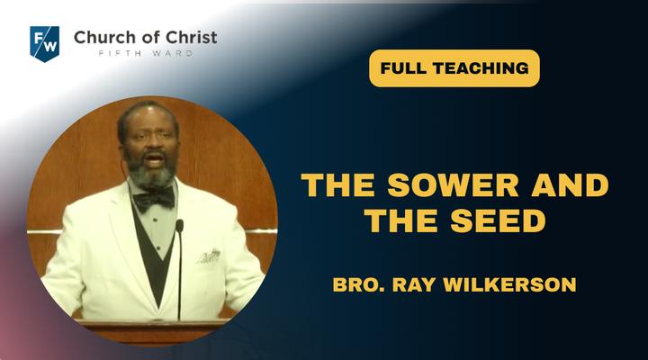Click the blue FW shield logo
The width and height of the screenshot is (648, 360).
45,43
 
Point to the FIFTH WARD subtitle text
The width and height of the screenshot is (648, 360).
146,53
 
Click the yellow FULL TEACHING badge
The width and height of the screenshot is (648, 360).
454,68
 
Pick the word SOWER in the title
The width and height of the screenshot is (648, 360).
453,185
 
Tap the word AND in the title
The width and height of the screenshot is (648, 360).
571,185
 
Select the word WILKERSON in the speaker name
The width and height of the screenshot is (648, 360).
509,284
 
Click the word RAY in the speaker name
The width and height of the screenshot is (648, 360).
414,284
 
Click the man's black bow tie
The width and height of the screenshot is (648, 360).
154,199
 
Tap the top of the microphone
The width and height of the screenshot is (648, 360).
179,226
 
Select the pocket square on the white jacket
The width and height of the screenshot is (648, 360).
208,256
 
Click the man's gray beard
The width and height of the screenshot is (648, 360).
152,173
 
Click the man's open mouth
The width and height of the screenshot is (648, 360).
154,160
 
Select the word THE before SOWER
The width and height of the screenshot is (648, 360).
338,185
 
